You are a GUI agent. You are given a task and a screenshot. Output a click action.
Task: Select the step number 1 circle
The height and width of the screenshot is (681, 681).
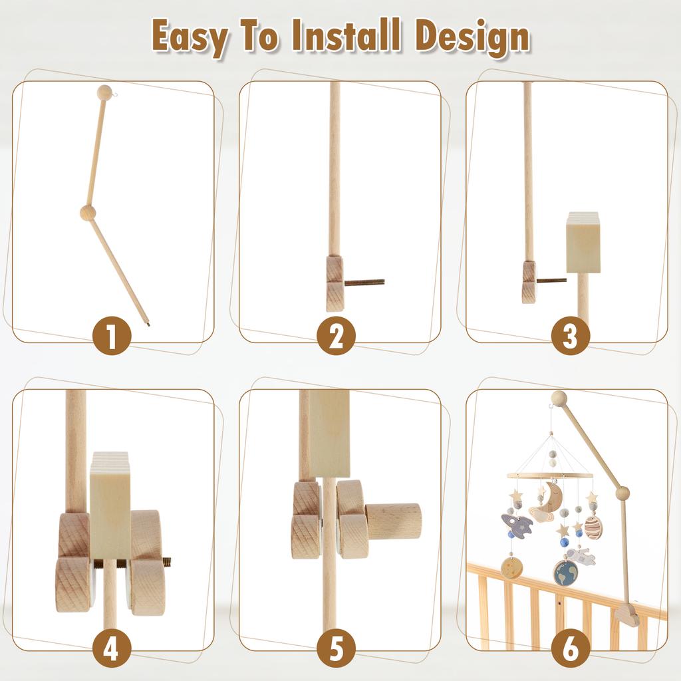[110, 337]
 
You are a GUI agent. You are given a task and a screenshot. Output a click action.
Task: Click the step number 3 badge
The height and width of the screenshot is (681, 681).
[570, 337]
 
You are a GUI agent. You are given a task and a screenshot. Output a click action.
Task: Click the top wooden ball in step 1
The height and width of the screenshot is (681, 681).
[104, 93]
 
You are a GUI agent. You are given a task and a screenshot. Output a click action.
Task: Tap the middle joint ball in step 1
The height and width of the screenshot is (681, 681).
[88, 213]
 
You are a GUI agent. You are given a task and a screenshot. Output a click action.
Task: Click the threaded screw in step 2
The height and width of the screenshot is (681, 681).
[364, 282]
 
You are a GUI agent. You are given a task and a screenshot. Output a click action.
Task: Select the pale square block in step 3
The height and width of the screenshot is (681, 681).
[583, 243]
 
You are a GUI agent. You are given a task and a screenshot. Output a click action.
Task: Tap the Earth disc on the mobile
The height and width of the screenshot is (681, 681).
[565, 573]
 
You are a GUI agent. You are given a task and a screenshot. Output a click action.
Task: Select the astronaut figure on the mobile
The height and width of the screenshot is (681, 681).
[581, 556]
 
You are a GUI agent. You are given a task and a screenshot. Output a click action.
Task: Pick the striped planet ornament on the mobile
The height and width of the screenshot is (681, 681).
[593, 527]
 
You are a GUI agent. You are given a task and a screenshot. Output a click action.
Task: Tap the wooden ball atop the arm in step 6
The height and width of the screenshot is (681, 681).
[559, 398]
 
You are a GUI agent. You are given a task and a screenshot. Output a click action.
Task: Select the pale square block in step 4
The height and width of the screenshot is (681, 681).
[110, 505]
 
